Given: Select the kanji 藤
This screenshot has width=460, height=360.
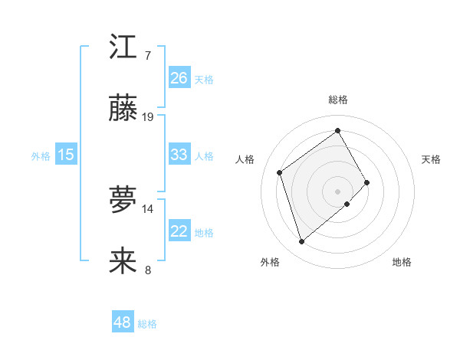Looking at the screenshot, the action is coord(123,109).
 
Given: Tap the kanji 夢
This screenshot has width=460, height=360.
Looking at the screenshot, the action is coord(123,200).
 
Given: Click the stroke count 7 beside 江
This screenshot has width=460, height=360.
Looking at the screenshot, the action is coord(147,56).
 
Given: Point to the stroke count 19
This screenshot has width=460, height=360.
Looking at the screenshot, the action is coord(148,117).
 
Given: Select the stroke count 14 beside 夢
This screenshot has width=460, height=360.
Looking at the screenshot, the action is coord(148,208).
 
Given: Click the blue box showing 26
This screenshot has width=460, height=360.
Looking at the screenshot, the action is coord(179,77).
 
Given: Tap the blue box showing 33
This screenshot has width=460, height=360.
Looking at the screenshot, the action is coord(179,155).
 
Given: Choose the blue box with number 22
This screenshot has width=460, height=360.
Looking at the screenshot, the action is coord(179,231).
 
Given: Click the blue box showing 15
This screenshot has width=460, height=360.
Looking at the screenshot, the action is coord(66,155).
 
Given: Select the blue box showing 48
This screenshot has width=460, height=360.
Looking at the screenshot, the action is coord(123,322).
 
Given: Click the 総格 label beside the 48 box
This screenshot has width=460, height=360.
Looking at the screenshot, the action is coord(147,324).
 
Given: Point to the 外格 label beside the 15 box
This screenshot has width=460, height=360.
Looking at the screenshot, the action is coord(41,155).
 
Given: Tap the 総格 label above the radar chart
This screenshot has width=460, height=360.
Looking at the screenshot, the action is coord(338,100).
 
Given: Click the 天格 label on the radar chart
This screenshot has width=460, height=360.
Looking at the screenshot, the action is coord(432,159).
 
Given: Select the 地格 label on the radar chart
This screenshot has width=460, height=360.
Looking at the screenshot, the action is coord(402,262).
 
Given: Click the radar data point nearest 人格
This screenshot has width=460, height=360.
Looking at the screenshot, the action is coord(280,172).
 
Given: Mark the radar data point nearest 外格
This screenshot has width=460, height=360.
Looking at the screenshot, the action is coord(301,242).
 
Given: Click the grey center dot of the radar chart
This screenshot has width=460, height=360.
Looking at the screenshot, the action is coord(338,190).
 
